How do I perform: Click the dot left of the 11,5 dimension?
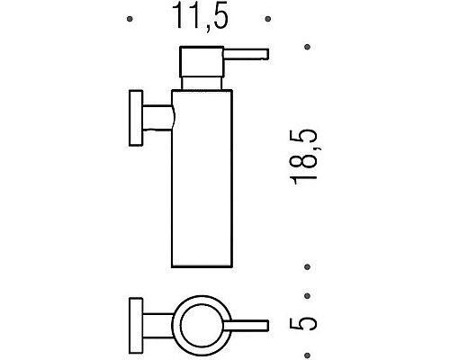[132, 18]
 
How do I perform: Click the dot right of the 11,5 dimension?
[266, 18]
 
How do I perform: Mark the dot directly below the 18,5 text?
[309, 266]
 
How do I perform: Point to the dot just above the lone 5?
[309, 293]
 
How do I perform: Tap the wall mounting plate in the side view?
[135, 116]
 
